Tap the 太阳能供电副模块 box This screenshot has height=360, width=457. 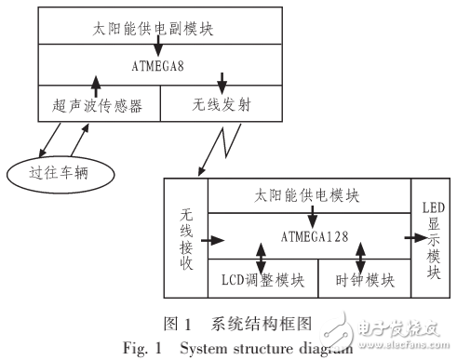click(x=159, y=29)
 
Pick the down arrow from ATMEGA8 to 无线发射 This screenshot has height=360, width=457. click(x=221, y=81)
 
